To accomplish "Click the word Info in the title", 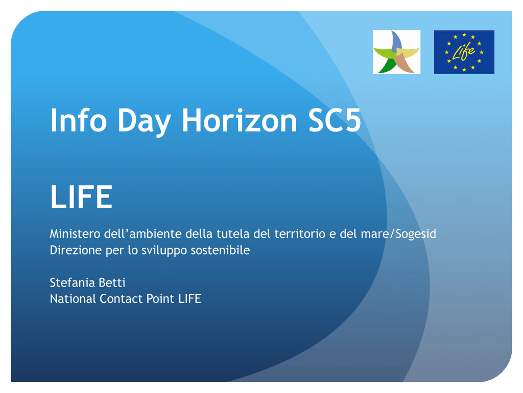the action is click(x=78, y=120).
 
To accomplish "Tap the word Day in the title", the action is click(x=144, y=122).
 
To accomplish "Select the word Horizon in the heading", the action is click(x=239, y=120).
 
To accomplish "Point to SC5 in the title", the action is click(x=335, y=120).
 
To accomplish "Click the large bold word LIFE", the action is click(x=81, y=197).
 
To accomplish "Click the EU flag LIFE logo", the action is click(x=464, y=52).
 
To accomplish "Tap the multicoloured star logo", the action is click(x=396, y=52).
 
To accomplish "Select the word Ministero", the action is click(x=75, y=233).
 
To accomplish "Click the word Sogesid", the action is click(x=416, y=234).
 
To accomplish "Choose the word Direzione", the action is click(x=76, y=250).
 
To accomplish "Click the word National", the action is click(x=73, y=299).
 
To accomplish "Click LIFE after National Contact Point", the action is click(x=190, y=299).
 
